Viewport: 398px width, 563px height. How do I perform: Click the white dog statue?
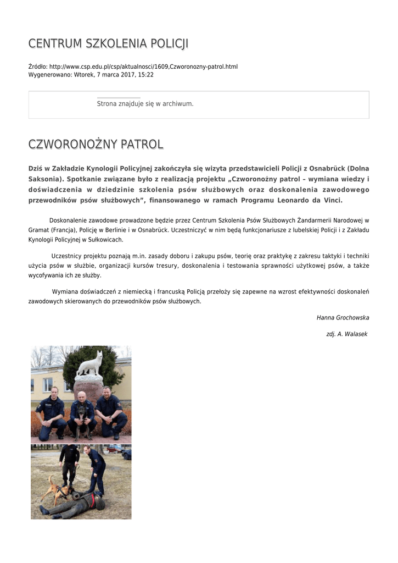(89, 363)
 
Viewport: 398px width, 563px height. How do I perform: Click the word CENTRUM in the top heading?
(51, 43)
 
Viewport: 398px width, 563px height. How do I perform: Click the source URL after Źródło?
(143, 67)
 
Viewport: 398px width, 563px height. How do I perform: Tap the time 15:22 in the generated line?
(146, 75)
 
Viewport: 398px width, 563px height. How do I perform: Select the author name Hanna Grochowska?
(343, 318)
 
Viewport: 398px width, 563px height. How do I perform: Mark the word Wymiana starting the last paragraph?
(66, 291)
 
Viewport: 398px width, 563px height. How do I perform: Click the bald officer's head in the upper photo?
(81, 396)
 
